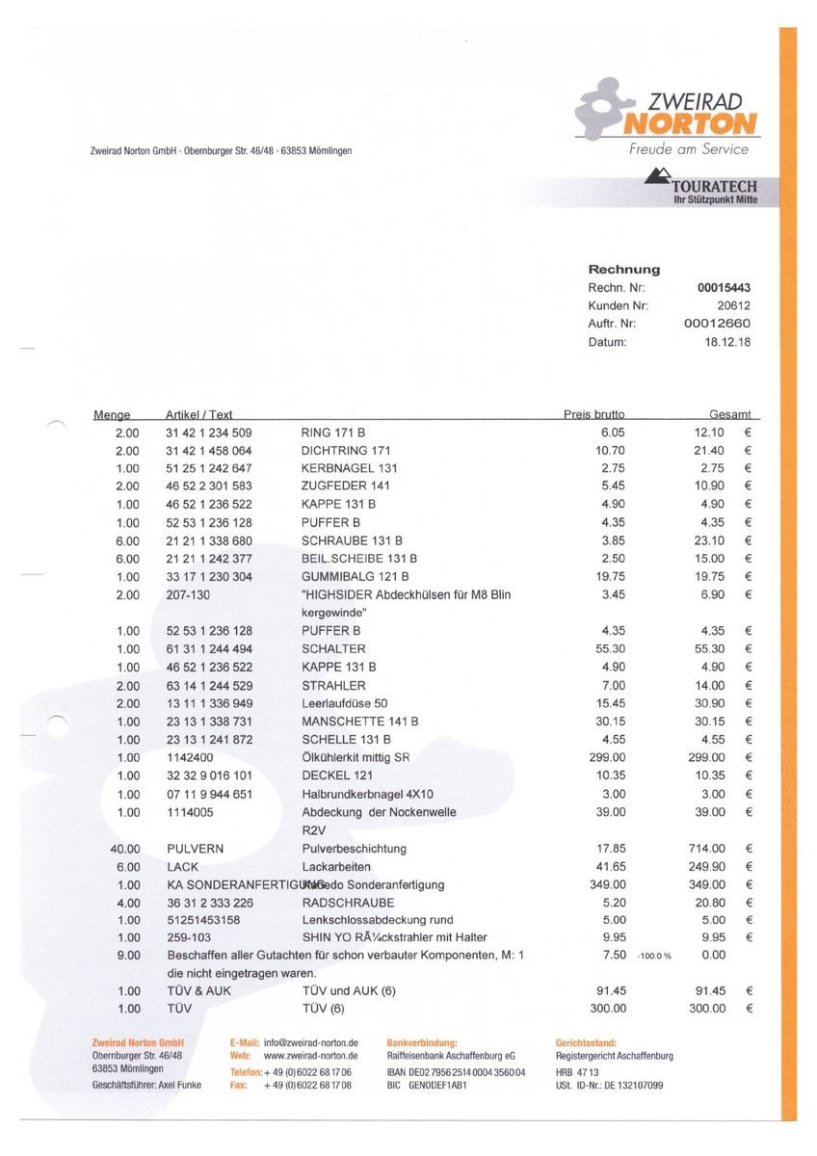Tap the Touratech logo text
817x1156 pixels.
(x=714, y=186)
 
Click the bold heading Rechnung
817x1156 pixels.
(x=623, y=270)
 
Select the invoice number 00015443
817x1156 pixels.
(x=724, y=288)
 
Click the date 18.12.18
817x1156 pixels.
(x=728, y=342)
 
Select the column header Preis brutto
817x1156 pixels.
(x=593, y=415)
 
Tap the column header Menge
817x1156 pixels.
(x=112, y=415)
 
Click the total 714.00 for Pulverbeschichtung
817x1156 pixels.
(x=705, y=849)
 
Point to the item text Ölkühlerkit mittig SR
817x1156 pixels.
(x=356, y=758)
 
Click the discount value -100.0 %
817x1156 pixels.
(x=653, y=956)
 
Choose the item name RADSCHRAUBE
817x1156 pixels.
(x=348, y=903)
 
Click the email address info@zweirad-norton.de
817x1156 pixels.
(x=311, y=1043)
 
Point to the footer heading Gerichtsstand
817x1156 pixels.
(x=588, y=1043)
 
